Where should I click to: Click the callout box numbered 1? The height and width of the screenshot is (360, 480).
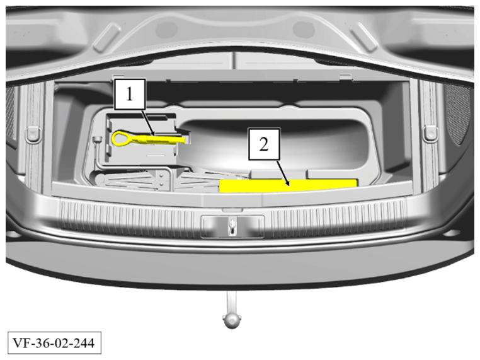coord(130,94)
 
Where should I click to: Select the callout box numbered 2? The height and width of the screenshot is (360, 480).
coord(264,144)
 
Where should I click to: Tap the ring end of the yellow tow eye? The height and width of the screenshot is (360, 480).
coord(120,137)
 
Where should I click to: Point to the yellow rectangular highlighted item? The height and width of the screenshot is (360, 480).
coord(288,186)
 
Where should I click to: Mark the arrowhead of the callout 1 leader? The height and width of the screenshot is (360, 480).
coord(153,133)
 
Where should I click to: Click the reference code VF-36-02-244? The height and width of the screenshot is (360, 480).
coord(54,342)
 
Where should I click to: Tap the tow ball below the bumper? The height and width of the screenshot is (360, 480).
coord(232,320)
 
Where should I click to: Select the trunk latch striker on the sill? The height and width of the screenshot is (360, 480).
coord(232,227)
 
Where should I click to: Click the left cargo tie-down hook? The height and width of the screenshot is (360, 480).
coord(33,134)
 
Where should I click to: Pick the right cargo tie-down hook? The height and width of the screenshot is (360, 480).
coord(430,134)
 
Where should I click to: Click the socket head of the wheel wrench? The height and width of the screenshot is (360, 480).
coord(98,140)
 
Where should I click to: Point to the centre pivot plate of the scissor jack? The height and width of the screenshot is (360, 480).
coord(163,180)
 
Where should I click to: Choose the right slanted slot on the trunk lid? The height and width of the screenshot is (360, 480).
coord(363,37)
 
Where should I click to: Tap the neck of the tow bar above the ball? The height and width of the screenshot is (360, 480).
coord(232,302)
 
